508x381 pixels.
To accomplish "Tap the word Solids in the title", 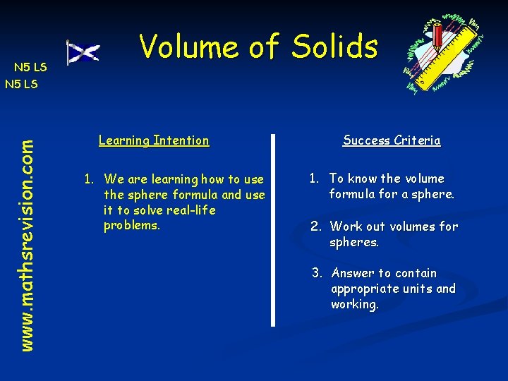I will (x=335, y=47).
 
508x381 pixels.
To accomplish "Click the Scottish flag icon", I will (x=83, y=52).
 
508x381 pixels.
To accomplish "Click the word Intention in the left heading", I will (x=181, y=140).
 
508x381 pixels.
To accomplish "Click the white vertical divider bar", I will (x=273, y=229).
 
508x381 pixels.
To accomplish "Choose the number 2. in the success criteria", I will (x=317, y=226).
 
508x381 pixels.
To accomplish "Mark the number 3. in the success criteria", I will (x=318, y=273).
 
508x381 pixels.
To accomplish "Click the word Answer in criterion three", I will (x=353, y=273).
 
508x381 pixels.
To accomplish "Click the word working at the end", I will (x=354, y=304).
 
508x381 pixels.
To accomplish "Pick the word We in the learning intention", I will (x=114, y=179).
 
